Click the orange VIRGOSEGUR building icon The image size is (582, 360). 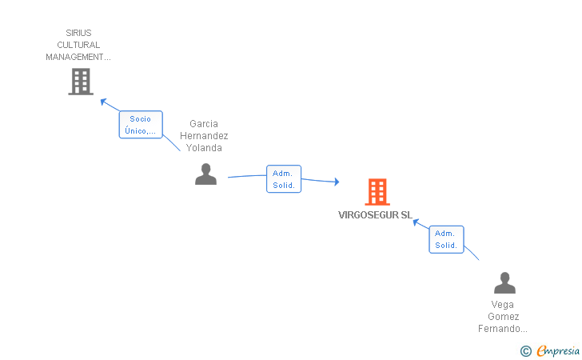tap(377, 192)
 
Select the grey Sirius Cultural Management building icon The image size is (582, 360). tap(81, 82)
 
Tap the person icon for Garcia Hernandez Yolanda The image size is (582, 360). tap(205, 174)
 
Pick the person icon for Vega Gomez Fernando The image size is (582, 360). tap(504, 282)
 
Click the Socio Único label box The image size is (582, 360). tap(141, 125)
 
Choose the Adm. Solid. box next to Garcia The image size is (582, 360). tap(284, 179)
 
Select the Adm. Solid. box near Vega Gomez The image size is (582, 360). tap(446, 239)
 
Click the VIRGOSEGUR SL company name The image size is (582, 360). tap(375, 215)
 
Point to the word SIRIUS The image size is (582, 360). tap(78, 34)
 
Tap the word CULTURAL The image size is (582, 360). tap(78, 46)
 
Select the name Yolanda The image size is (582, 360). tap(204, 148)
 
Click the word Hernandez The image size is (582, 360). tap(204, 136)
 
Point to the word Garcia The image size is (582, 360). tap(204, 124)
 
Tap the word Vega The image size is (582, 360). tap(503, 305)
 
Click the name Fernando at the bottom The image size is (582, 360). tap(502, 329)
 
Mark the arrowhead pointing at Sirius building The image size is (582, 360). tap(102, 101)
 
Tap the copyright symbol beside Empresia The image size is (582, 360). tap(525, 350)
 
